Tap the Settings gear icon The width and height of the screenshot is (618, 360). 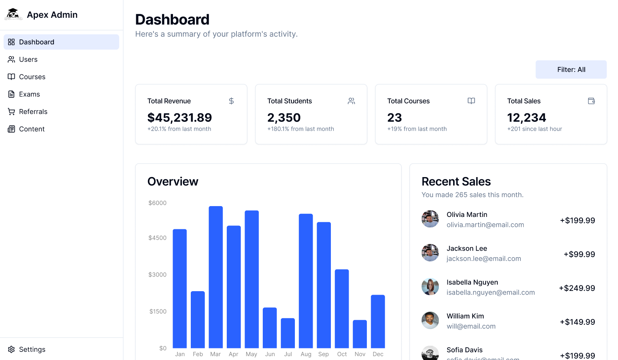[x=11, y=349]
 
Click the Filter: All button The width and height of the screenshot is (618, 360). [x=571, y=70]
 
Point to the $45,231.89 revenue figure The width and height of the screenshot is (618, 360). [x=180, y=118]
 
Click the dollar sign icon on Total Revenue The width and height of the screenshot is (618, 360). [x=231, y=101]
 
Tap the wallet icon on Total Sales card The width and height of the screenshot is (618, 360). [x=591, y=101]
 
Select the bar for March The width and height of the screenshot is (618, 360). [x=216, y=277]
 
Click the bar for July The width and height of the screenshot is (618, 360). [x=288, y=333]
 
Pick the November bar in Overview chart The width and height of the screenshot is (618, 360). [x=360, y=334]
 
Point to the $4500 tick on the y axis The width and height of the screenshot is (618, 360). [x=157, y=237]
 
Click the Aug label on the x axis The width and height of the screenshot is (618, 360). [x=306, y=354]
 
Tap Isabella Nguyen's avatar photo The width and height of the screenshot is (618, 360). [x=430, y=287]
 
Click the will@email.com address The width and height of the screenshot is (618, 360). [x=471, y=326]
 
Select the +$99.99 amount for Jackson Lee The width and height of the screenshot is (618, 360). [x=579, y=254]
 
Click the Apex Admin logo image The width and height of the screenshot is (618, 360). [x=13, y=14]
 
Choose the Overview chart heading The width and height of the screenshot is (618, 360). [x=173, y=181]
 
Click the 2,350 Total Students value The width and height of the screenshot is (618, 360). [x=284, y=118]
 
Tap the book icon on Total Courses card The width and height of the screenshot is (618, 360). [x=471, y=101]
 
